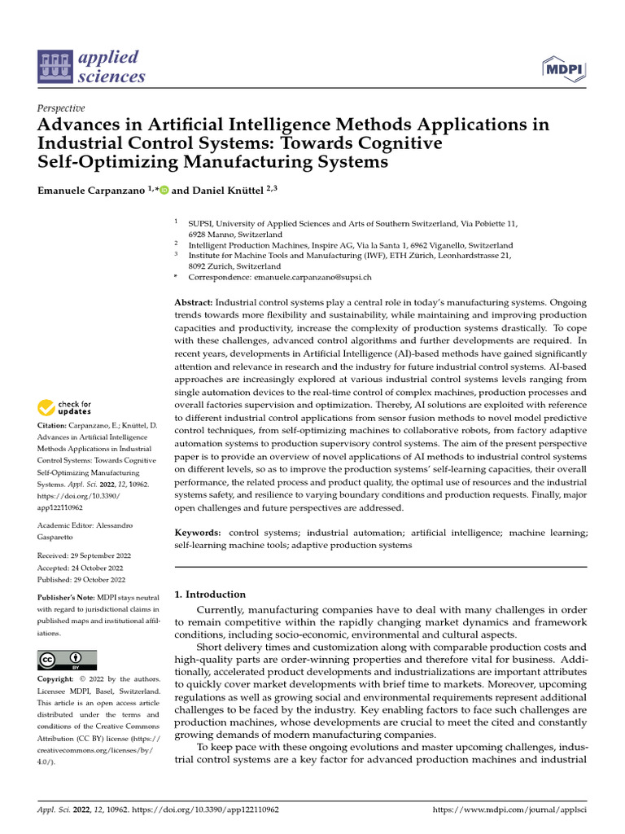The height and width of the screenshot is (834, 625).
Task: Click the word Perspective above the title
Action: (x=61, y=108)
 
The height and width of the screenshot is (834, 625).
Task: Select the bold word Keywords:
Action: (x=197, y=532)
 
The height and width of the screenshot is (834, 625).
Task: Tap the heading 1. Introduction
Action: (x=210, y=595)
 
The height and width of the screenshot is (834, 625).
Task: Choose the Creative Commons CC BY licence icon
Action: (x=67, y=660)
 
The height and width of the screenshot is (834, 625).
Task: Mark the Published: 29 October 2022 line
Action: (x=81, y=579)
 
